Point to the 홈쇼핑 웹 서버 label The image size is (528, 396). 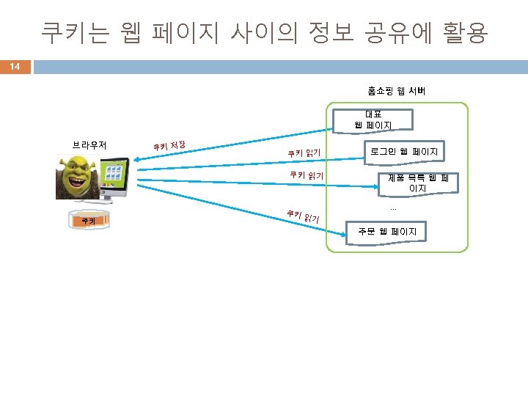397,91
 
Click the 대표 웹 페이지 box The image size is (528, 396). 373,120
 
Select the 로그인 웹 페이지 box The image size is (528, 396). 404,152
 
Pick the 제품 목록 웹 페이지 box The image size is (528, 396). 417,183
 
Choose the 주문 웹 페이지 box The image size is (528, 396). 387,232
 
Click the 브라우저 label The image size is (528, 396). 89,144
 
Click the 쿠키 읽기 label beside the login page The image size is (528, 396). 304,153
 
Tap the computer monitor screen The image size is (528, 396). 114,176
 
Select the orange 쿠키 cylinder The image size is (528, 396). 88,220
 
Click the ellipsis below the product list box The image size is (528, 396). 393,208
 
